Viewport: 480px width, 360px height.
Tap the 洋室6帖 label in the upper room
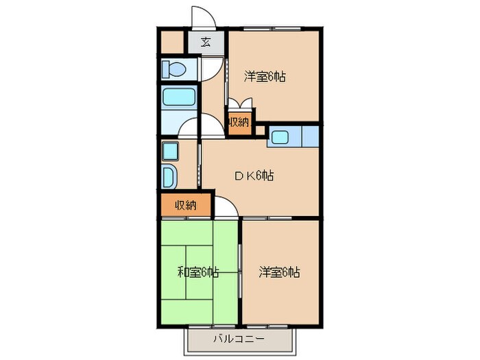click(x=265, y=77)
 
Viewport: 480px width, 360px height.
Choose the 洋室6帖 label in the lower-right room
click(x=279, y=272)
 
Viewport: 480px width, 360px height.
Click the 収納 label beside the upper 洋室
click(x=239, y=123)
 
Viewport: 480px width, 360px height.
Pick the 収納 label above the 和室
click(x=184, y=205)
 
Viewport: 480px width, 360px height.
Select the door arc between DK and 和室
click(x=227, y=207)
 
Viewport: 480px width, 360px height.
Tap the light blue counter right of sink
click(x=310, y=136)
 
